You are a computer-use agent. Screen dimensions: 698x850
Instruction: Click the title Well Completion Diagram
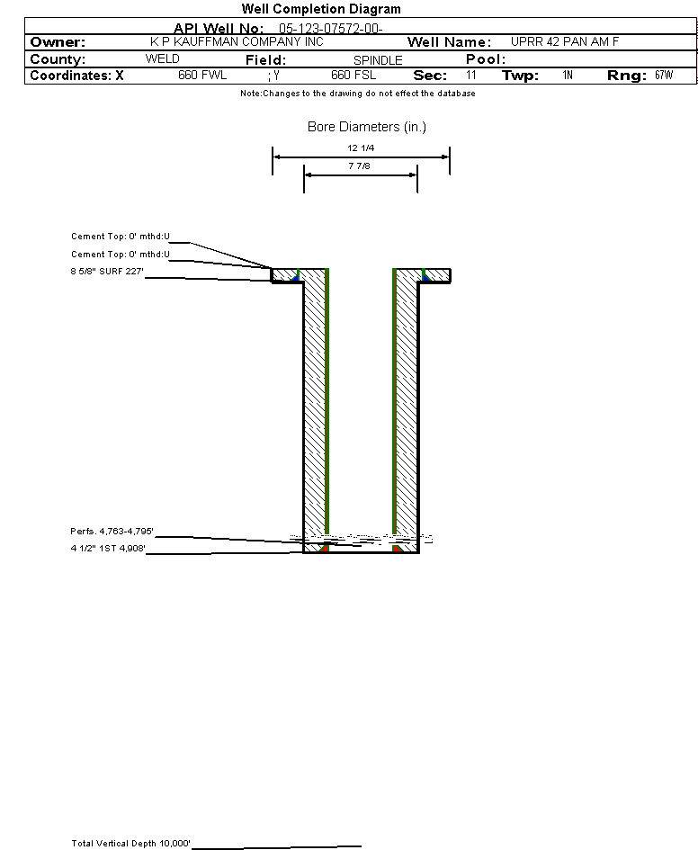coord(321,9)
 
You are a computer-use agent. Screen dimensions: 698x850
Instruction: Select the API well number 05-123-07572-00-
coord(331,29)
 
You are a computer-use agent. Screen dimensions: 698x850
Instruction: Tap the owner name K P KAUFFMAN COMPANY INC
coord(237,41)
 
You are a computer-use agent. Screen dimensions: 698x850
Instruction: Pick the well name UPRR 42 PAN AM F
coord(565,41)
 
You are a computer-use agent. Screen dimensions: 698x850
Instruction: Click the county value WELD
coord(163,59)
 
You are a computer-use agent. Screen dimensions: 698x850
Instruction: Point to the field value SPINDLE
coord(378,60)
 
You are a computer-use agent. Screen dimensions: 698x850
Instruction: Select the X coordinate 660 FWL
coord(202,76)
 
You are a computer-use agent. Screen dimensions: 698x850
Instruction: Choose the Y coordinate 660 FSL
coord(353,76)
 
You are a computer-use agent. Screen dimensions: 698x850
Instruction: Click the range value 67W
coord(664,76)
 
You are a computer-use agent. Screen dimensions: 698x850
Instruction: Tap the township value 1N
coord(568,76)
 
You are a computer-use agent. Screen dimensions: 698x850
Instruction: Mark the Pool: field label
coord(486,59)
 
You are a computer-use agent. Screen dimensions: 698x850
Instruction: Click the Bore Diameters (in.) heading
coord(367,127)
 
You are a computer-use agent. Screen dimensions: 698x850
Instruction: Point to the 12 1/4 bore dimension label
coord(361,148)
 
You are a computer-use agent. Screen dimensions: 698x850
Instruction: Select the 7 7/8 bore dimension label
coord(359,166)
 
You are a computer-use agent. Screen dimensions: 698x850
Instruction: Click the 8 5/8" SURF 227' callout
coord(107,271)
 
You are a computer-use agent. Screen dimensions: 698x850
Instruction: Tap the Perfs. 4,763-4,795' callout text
coord(112,532)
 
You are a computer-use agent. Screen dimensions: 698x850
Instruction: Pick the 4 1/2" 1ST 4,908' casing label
coord(108,548)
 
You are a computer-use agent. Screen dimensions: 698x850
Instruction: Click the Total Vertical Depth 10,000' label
coord(130,844)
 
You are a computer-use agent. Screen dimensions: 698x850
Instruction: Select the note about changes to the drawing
coord(358,94)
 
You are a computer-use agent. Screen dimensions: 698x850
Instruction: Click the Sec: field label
coord(430,76)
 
